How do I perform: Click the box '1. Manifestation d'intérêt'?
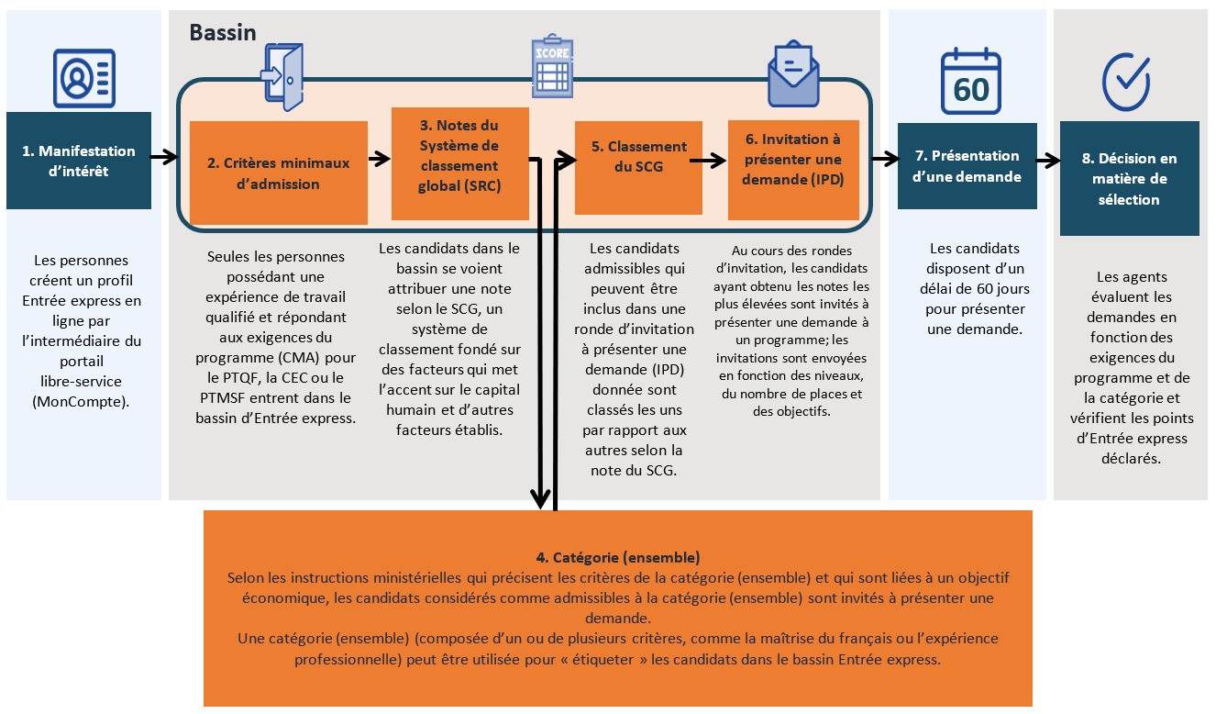(x=78, y=161)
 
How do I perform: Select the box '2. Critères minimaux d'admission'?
(x=278, y=173)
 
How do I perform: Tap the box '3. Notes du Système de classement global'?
(x=459, y=163)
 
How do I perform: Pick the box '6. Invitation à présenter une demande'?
(x=793, y=170)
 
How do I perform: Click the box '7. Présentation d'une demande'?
(x=967, y=166)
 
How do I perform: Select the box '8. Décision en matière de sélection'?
(x=1129, y=178)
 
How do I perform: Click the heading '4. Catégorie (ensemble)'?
(x=617, y=557)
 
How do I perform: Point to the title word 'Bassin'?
(x=223, y=33)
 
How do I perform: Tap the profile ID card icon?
(x=83, y=78)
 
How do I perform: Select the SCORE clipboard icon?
(x=553, y=66)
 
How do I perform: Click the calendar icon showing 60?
(x=970, y=82)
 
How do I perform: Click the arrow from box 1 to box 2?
(x=164, y=157)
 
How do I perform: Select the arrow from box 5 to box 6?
(x=708, y=161)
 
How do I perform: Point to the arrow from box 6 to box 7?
(x=884, y=159)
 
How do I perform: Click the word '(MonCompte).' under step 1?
(x=81, y=401)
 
